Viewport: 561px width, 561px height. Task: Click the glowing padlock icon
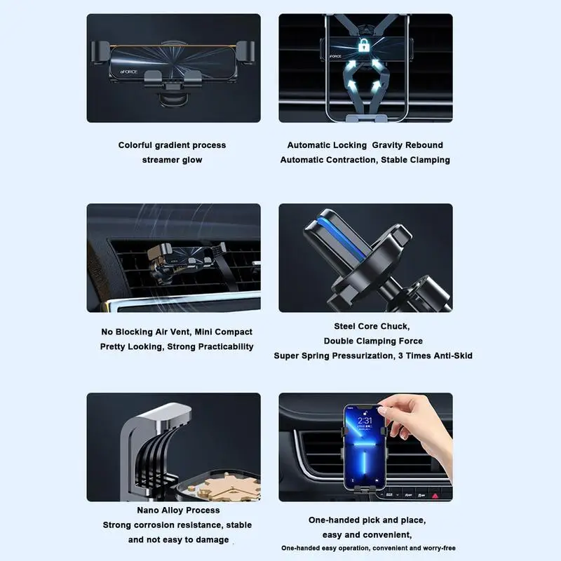point(363,46)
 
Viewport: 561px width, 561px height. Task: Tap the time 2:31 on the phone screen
point(365,420)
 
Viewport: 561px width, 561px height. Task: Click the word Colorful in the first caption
point(135,145)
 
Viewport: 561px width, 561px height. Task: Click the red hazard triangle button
point(435,496)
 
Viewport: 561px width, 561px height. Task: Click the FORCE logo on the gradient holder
point(128,72)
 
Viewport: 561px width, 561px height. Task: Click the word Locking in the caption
point(352,145)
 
